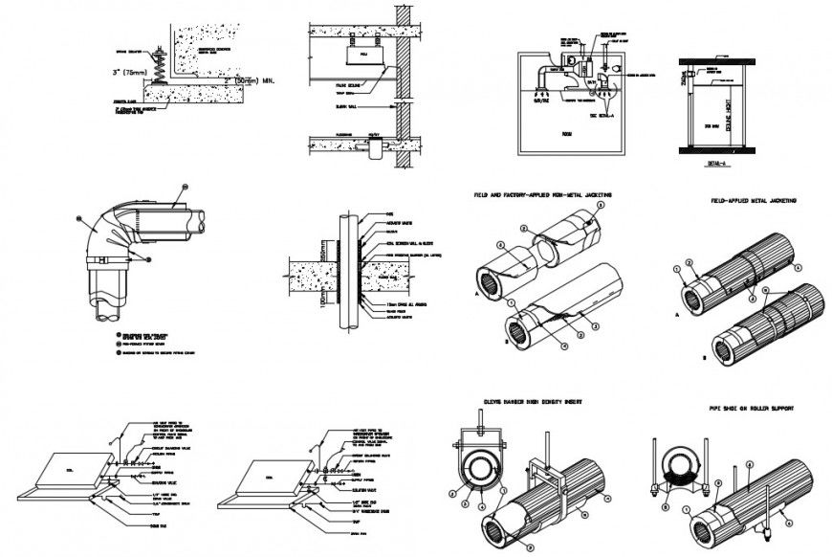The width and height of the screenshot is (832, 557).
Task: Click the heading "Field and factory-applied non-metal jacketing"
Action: (x=542, y=194)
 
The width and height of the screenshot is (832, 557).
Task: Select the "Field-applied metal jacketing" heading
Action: (x=755, y=201)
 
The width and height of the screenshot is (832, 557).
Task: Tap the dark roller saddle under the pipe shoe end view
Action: (x=678, y=466)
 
